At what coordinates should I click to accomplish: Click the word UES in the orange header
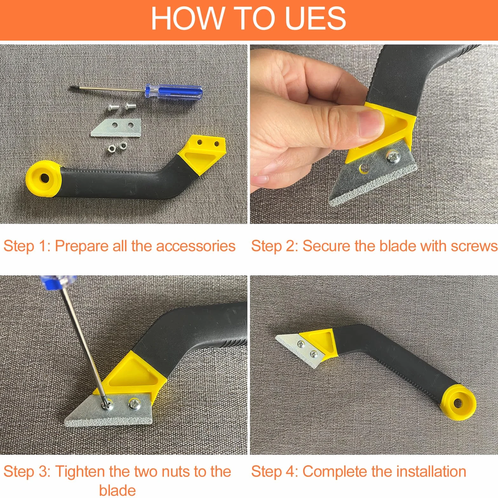point(315,18)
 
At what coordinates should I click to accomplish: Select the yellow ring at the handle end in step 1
point(44,178)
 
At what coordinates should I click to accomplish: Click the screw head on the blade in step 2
point(393,157)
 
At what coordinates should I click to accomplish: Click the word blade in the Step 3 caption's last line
point(118,490)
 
